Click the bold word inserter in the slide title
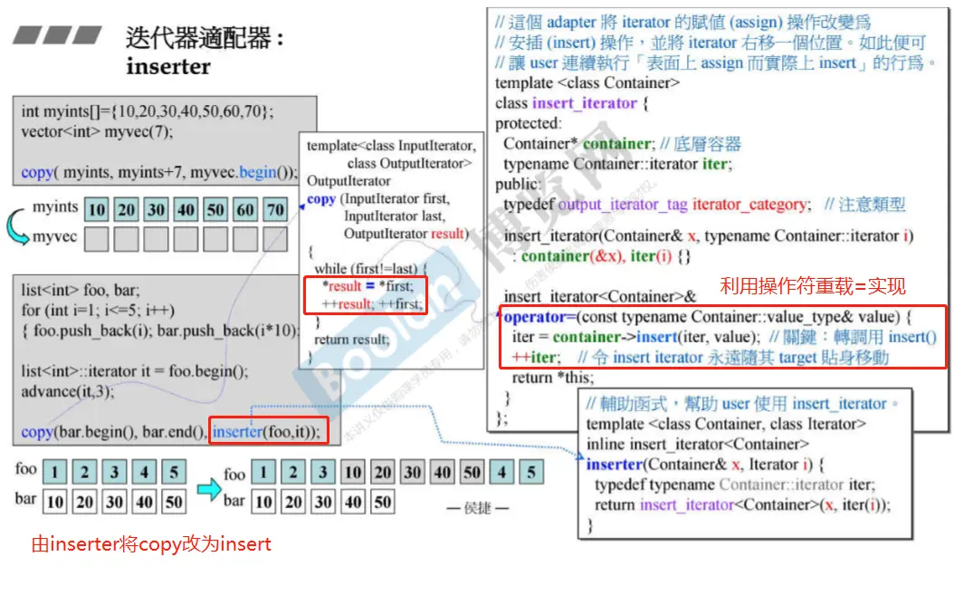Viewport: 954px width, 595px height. [x=168, y=66]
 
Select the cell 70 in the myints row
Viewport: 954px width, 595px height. [x=275, y=210]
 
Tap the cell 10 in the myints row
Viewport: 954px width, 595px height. [x=96, y=210]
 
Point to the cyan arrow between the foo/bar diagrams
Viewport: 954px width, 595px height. [x=209, y=489]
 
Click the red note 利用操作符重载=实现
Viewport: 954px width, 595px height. [x=812, y=286]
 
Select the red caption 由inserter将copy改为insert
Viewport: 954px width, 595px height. [x=151, y=543]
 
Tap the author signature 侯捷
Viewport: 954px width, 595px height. [x=478, y=508]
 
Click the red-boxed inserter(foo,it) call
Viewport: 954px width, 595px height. [x=266, y=432]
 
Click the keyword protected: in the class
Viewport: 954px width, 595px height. [x=528, y=123]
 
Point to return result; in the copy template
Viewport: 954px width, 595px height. [x=352, y=340]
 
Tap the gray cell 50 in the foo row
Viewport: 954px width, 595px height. [x=472, y=473]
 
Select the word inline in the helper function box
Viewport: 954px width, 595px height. [x=606, y=444]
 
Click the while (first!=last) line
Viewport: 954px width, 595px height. [x=363, y=268]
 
